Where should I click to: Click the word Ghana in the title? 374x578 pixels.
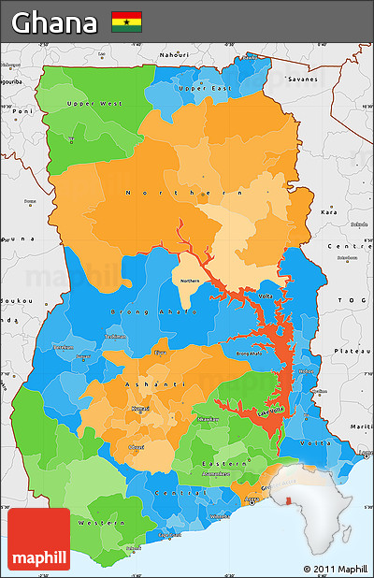pyautogui.click(x=55, y=22)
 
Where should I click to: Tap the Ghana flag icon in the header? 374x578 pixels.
pyautogui.click(x=126, y=22)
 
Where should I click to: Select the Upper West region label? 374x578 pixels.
pyautogui.click(x=94, y=103)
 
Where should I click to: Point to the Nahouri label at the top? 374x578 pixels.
pyautogui.click(x=174, y=55)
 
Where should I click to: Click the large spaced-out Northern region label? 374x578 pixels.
pyautogui.click(x=177, y=193)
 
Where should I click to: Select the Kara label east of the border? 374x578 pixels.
pyautogui.click(x=329, y=212)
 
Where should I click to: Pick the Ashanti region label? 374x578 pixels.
pyautogui.click(x=144, y=384)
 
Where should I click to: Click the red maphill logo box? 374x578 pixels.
pyautogui.click(x=38, y=540)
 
